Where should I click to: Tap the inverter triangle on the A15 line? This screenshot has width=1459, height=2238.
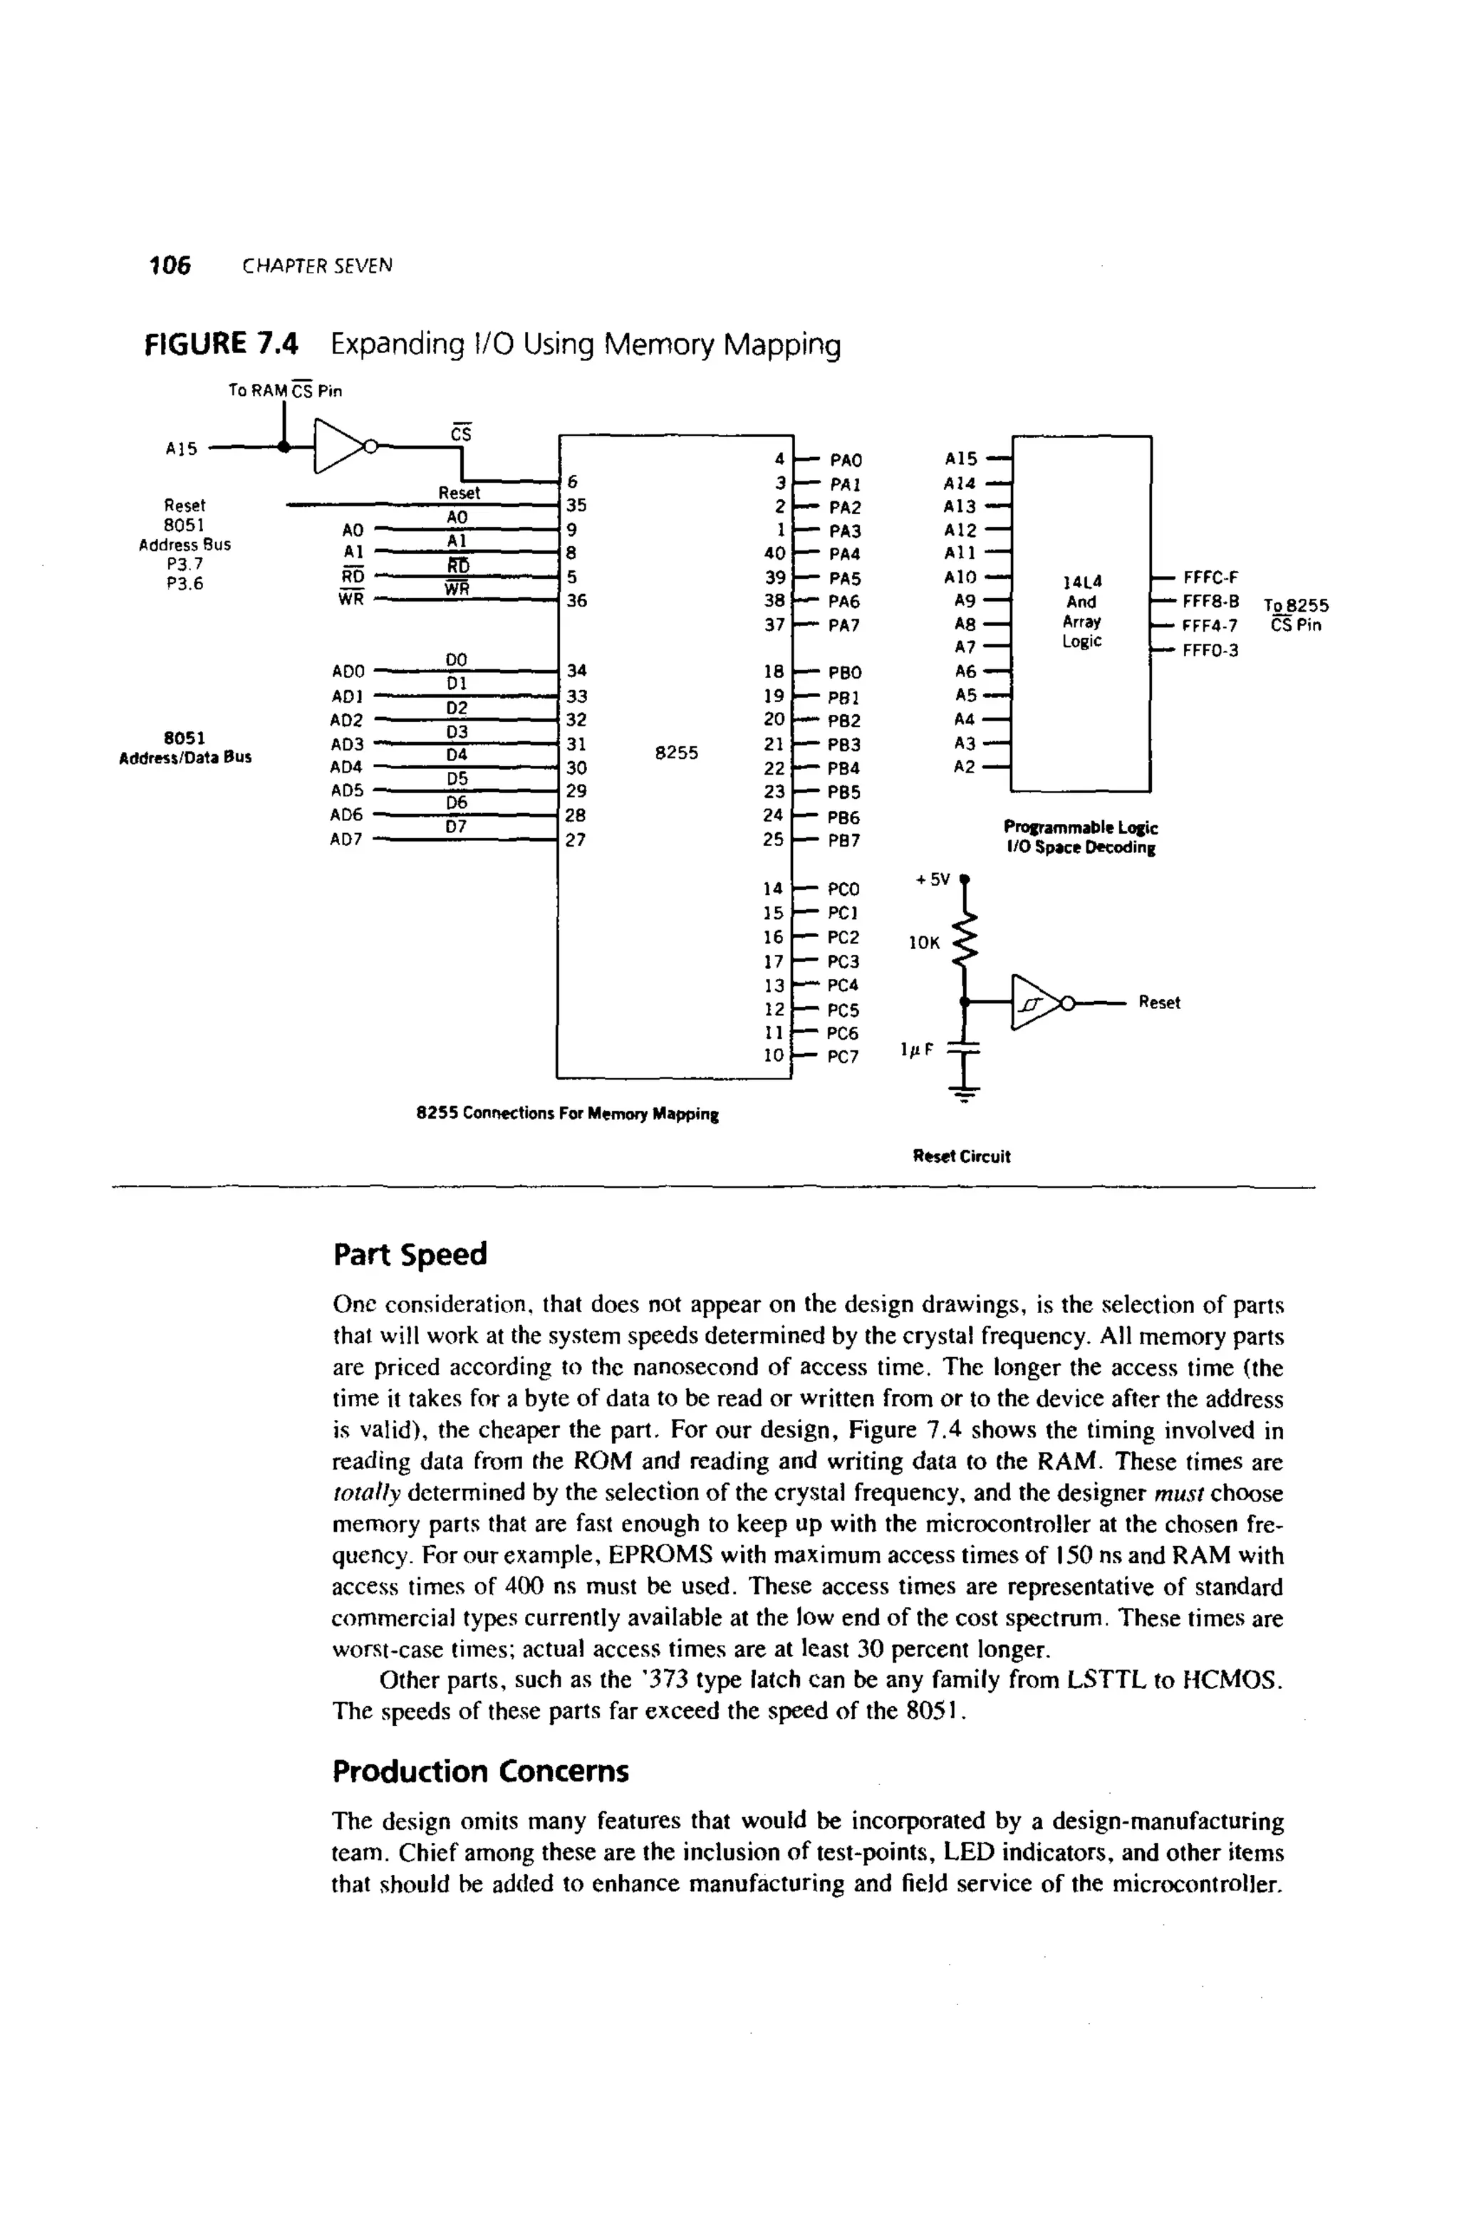point(338,446)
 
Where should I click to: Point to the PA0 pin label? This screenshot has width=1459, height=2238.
point(845,461)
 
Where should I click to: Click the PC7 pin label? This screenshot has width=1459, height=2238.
point(842,1057)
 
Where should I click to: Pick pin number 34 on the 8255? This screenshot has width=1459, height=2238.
point(576,671)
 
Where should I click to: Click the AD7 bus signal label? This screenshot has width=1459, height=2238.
point(347,840)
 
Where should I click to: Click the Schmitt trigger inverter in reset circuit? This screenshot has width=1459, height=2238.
point(1034,1003)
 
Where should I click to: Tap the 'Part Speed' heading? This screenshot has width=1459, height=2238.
point(410,1255)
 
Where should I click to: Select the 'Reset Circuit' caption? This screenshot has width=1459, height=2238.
point(961,1156)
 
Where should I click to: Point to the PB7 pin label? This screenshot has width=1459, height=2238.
point(843,840)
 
